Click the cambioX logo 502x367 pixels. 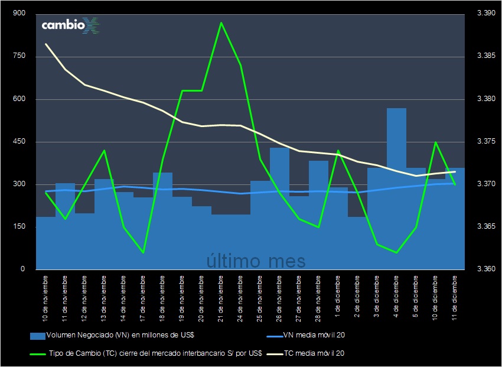click(70, 25)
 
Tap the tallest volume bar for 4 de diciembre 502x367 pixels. click(396, 189)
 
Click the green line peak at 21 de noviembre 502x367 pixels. click(221, 23)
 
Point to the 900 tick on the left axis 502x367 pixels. click(18, 14)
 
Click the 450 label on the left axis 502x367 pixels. click(18, 142)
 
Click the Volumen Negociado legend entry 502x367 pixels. click(112, 336)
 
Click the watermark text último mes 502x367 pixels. click(256, 260)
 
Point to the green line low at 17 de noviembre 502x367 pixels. click(143, 252)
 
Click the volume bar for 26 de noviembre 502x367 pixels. click(279, 207)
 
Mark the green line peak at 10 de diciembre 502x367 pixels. click(435, 142)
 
